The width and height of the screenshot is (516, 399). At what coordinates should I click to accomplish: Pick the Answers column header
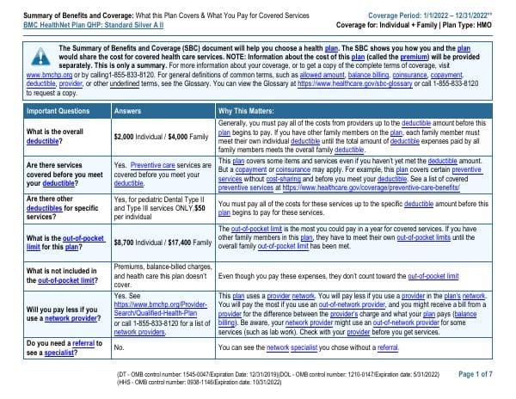[x=132, y=113]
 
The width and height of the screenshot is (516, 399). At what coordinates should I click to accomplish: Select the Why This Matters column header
[x=258, y=113]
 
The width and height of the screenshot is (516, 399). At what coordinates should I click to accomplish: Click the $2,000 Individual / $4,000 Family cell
[x=160, y=138]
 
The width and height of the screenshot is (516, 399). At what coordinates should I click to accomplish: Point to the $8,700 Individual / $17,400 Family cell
[x=162, y=244]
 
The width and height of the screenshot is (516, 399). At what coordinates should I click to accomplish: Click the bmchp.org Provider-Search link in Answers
[x=160, y=308]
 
